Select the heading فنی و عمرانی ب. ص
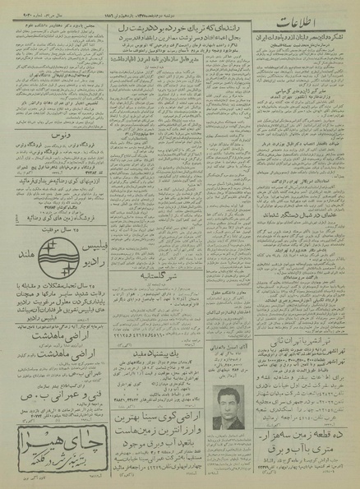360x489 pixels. (x=58, y=381)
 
